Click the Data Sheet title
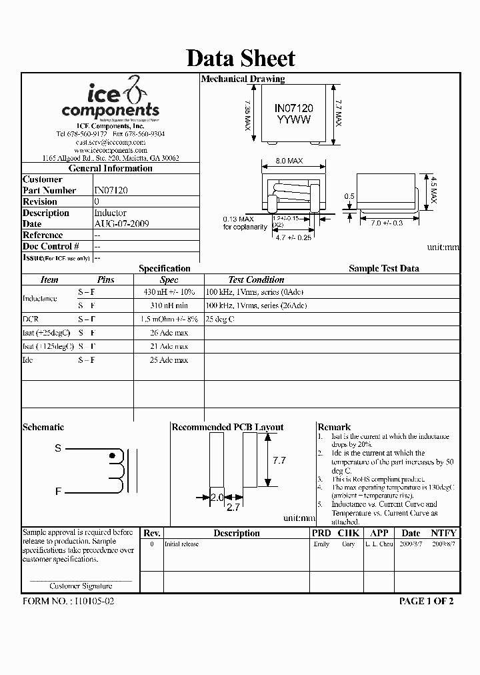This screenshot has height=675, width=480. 240,58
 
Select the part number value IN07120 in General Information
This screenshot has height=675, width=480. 111,190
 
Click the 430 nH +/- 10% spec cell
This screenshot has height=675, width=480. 169,292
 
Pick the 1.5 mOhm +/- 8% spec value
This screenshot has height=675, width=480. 169,319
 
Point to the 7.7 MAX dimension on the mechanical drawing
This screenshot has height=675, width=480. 338,113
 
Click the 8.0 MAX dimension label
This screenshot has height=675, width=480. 289,161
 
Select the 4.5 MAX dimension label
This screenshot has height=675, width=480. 433,190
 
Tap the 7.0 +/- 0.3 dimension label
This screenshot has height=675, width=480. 387,223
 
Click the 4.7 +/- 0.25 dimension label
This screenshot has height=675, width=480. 294,237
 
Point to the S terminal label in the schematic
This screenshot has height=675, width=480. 58,449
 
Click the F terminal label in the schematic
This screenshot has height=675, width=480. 58,492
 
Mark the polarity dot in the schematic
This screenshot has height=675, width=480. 112,456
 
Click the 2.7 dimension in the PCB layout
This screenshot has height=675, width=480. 233,508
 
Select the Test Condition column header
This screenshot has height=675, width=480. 256,280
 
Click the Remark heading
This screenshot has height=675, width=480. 334,427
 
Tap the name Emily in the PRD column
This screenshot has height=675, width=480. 321,544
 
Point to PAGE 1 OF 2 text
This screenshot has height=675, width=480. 427,601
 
